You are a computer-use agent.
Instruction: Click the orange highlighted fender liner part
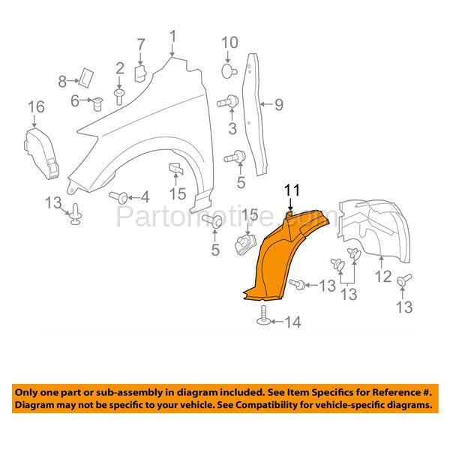(x=275, y=258)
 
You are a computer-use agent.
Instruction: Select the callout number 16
(x=36, y=107)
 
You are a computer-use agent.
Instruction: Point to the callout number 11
(x=292, y=190)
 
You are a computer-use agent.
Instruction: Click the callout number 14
(x=292, y=322)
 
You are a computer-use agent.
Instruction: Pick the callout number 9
(x=279, y=104)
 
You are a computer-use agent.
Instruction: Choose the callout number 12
(x=383, y=277)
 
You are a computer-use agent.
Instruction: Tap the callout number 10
(x=229, y=43)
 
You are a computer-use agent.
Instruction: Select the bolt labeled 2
(x=118, y=97)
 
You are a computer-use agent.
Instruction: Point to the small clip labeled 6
(x=97, y=104)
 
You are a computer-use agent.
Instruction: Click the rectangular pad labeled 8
(x=86, y=77)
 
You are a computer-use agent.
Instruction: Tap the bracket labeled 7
(x=140, y=73)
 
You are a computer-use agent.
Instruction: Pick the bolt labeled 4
(x=118, y=196)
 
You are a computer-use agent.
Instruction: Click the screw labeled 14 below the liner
(x=264, y=316)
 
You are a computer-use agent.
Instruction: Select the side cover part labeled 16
(x=40, y=154)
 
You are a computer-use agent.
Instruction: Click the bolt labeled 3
(x=228, y=101)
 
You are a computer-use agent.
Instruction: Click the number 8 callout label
(x=62, y=82)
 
